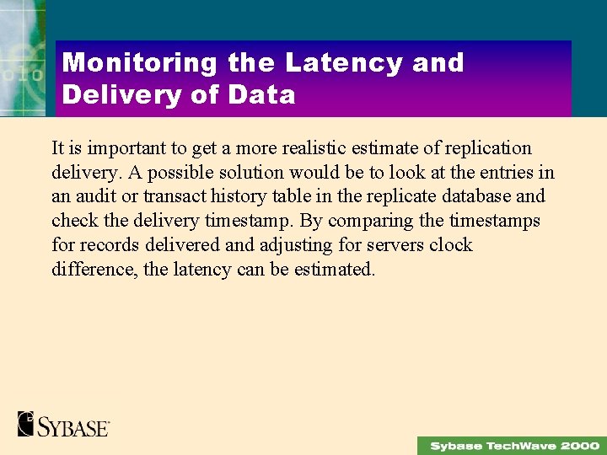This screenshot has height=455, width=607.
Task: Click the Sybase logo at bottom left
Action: click(x=64, y=424)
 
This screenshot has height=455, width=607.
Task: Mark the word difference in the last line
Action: click(x=89, y=270)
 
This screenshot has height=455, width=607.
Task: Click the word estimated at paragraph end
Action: click(x=334, y=270)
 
